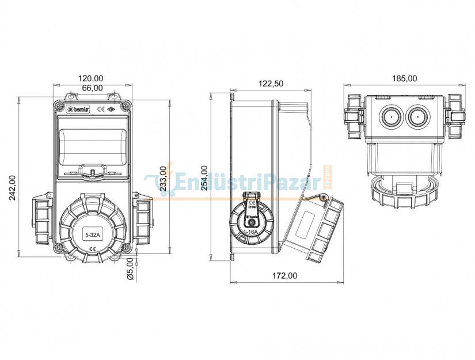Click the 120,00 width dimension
tap(90, 78)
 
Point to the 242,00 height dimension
tap(13, 188)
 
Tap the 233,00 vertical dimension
tap(164, 178)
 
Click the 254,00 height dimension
tap(204, 178)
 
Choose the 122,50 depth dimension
tap(270, 84)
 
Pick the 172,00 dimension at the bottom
tap(284, 276)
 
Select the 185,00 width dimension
tap(404, 78)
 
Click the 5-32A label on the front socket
tap(92, 235)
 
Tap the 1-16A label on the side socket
tap(251, 231)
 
